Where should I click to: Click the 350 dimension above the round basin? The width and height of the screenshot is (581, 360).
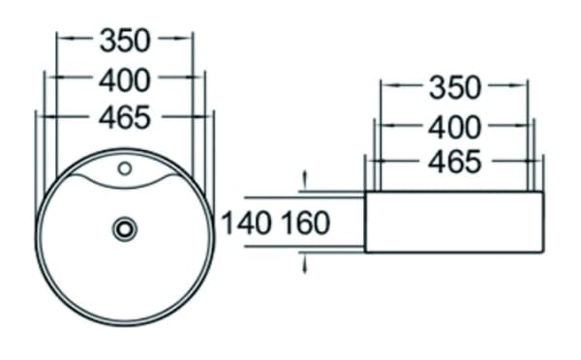click(x=125, y=41)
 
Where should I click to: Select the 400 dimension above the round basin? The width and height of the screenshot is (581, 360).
click(x=125, y=80)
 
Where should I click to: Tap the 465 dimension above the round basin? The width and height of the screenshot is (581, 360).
click(x=125, y=117)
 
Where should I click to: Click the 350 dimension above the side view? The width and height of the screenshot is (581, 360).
click(x=455, y=88)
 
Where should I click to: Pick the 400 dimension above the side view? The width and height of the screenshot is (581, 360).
click(x=455, y=128)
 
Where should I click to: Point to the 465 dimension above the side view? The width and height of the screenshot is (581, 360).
click(x=455, y=162)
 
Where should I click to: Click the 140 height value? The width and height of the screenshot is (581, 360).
click(x=246, y=223)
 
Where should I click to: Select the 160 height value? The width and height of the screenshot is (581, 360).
click(x=306, y=223)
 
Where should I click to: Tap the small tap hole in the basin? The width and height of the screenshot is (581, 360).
click(x=125, y=169)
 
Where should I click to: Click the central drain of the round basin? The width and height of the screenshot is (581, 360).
click(x=125, y=229)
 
